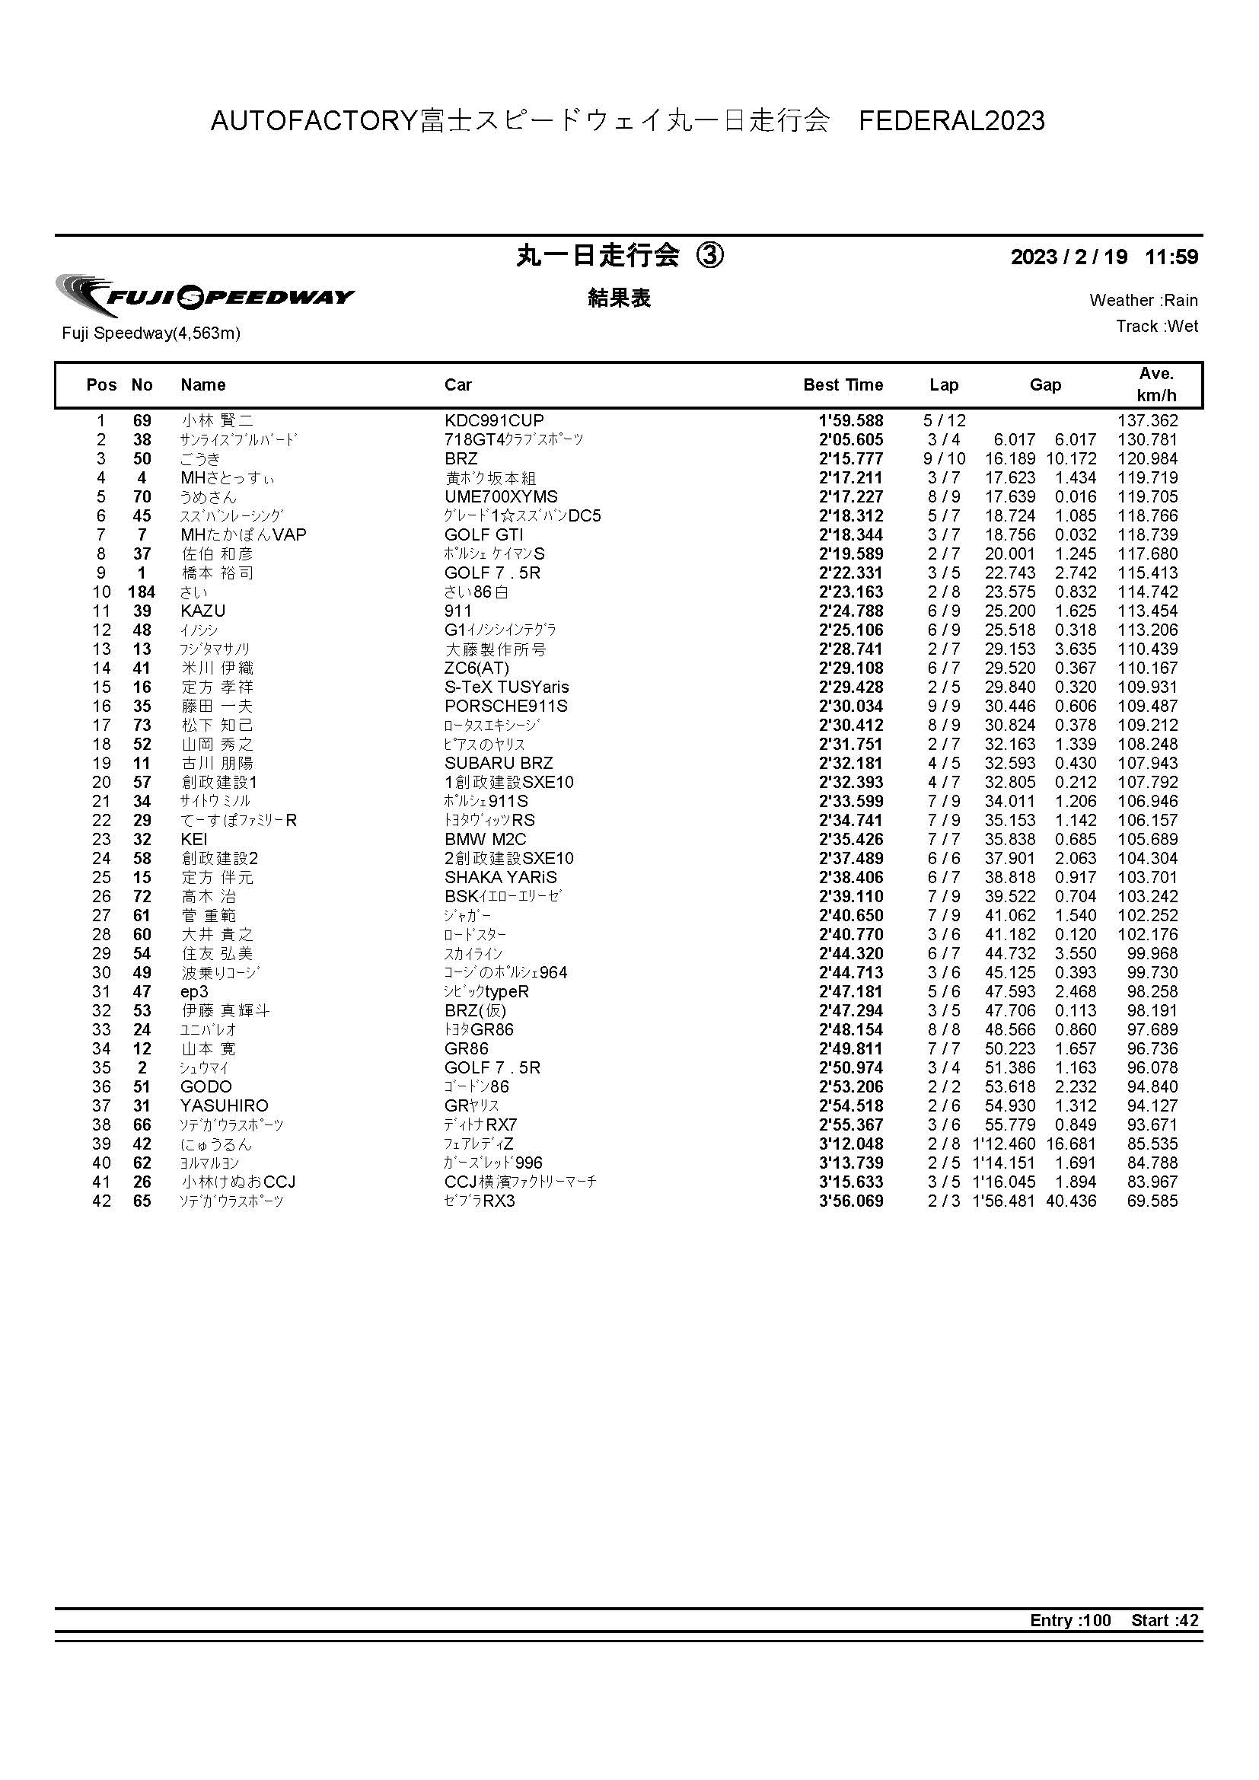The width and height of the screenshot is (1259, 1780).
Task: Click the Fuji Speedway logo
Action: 205,296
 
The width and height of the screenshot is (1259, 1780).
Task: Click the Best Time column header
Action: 843,385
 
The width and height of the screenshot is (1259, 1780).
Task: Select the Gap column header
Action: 1044,385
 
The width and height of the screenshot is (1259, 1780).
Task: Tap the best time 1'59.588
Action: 850,421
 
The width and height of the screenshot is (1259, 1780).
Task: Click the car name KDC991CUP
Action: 494,421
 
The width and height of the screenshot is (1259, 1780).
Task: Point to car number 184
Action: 142,592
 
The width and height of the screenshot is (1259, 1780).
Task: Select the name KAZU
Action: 203,611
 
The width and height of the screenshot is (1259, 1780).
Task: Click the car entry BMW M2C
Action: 486,840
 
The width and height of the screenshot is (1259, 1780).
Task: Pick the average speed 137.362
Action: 1146,421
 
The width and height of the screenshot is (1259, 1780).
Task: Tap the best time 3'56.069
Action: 850,1201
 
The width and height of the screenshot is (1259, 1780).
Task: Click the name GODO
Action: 206,1087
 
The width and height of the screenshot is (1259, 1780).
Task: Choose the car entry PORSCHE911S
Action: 505,707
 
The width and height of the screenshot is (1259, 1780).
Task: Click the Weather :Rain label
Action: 1143,301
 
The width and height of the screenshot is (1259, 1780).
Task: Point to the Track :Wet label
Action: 1157,327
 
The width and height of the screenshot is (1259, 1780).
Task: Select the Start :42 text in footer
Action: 1165,1620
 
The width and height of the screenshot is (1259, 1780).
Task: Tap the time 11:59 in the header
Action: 1171,257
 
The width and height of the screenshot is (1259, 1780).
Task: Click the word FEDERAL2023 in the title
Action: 952,121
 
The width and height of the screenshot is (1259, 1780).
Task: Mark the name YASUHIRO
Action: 224,1105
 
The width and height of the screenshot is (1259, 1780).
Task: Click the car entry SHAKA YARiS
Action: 501,878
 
